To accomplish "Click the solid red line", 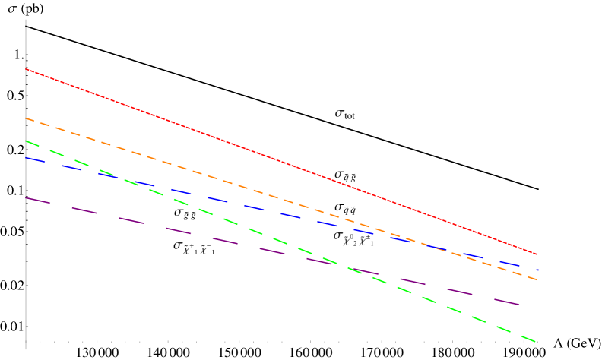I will point(281,162).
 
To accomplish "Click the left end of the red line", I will point(27,69).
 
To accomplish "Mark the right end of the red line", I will point(537,254).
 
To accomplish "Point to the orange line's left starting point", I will point(27,118).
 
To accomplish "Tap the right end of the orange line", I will point(537,279).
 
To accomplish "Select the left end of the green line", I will point(27,141).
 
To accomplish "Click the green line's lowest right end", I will point(535,341).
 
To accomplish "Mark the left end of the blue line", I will point(27,158).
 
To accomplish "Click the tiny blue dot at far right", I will point(537,270).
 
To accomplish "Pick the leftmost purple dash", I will point(38,201).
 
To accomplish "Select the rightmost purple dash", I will point(506,302).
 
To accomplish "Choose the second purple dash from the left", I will point(84,210).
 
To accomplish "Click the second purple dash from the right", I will point(460,292).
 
